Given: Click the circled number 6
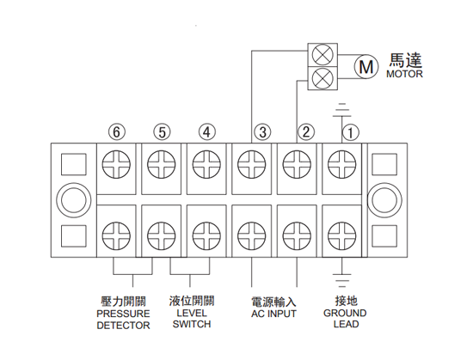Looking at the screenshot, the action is click(116, 132).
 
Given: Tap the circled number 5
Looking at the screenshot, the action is click(162, 132).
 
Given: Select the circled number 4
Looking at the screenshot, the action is click(207, 132).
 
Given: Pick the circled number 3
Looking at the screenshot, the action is click(262, 132).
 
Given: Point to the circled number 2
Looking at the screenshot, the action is click(306, 132).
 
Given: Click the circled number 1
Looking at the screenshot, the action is click(351, 132).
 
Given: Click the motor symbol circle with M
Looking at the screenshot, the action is click(365, 66).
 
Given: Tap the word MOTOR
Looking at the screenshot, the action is click(404, 74).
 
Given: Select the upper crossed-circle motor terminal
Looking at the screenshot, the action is click(322, 55).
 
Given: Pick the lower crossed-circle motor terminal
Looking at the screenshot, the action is click(322, 78).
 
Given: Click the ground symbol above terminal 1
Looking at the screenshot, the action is click(342, 110).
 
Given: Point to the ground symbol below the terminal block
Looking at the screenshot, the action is click(342, 280).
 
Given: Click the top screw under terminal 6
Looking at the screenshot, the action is click(116, 164).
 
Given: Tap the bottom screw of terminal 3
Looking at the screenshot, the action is click(252, 236).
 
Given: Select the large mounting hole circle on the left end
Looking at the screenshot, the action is click(74, 199).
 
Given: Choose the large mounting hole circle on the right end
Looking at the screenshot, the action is click(384, 199).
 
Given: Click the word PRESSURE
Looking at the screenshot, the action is click(123, 314).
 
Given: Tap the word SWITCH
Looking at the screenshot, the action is click(192, 325).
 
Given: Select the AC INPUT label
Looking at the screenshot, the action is click(273, 314).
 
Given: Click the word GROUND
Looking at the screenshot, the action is click(345, 314).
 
